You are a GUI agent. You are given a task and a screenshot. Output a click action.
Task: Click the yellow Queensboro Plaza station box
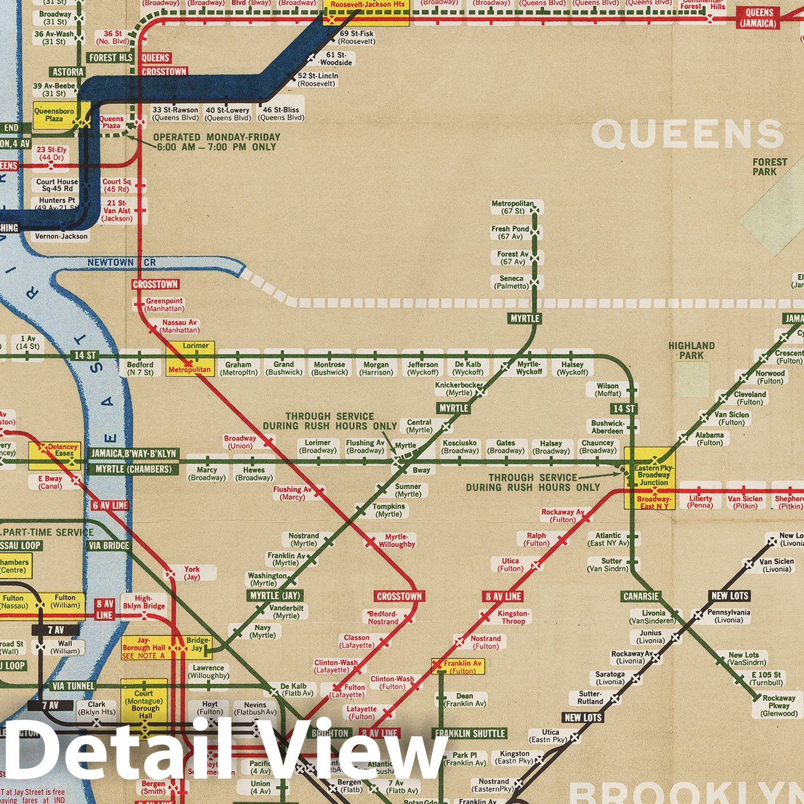coord(55,115)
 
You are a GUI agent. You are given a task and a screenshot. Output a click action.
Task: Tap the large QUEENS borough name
coord(687,135)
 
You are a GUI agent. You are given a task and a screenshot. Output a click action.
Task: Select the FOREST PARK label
coord(769,167)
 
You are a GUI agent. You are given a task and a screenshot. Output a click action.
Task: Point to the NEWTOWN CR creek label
coord(121,262)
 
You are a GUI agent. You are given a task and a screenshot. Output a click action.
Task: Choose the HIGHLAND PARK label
coord(691,350)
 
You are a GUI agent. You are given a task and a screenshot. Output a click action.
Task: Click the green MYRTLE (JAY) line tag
coord(275,596)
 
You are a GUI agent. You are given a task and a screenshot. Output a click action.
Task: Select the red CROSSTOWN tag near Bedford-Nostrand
coord(399,596)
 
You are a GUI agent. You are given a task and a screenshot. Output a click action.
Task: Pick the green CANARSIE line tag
coord(641,596)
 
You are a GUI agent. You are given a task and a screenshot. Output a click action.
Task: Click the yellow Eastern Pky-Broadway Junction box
coord(650,477)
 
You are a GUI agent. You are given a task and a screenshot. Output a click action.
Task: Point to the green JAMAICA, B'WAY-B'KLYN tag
coord(133,454)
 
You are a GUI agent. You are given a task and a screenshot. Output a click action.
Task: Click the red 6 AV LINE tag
coord(110,506)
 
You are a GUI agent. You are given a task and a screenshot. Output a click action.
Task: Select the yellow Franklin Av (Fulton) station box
coord(458,667)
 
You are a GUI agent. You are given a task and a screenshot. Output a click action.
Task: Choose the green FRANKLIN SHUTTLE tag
coord(470,733)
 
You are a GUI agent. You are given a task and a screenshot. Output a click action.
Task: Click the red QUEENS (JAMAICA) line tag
coord(759,18)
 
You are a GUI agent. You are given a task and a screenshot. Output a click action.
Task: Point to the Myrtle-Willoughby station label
coord(396,541)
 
